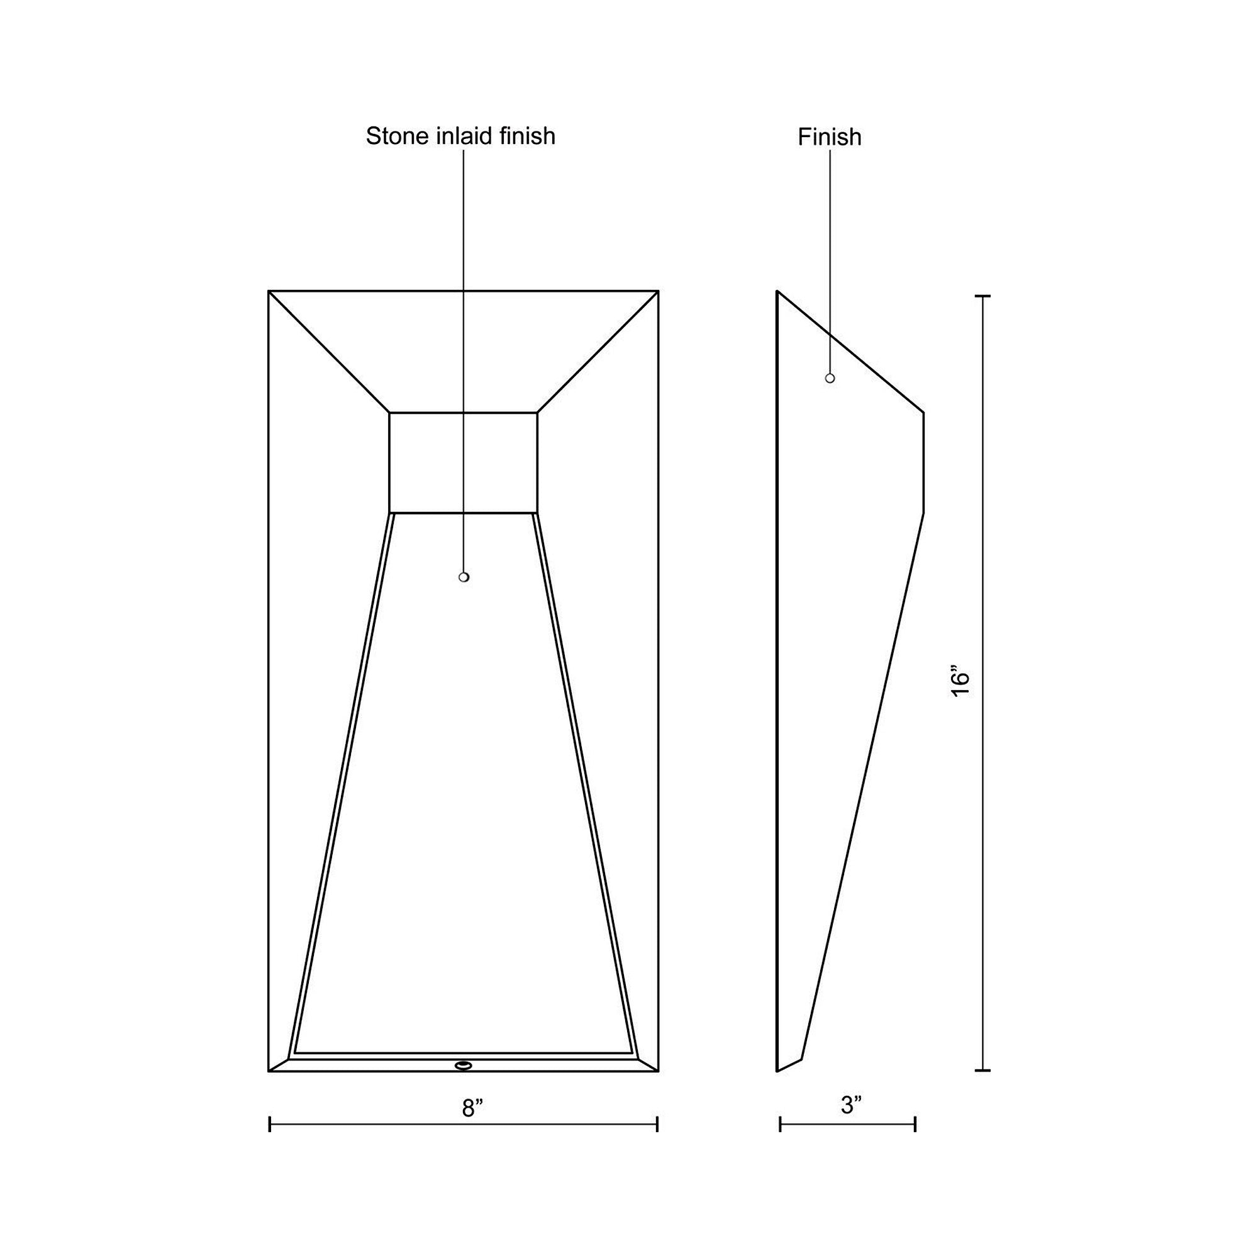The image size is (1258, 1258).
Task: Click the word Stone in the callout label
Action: click(x=391, y=136)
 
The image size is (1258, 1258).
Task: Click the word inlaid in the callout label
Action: click(x=459, y=136)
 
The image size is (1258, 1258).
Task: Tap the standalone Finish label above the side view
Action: click(x=830, y=136)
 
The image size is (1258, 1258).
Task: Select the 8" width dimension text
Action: click(x=473, y=1107)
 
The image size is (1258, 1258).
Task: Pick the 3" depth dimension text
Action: click(x=851, y=1105)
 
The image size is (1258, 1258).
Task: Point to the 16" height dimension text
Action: click(x=960, y=682)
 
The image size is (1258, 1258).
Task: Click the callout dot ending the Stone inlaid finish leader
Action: click(x=464, y=577)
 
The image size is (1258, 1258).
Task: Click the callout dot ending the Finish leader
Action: click(x=830, y=378)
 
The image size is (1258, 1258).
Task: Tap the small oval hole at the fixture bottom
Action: click(x=463, y=1066)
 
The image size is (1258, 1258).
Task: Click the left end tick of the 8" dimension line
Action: click(x=270, y=1124)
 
